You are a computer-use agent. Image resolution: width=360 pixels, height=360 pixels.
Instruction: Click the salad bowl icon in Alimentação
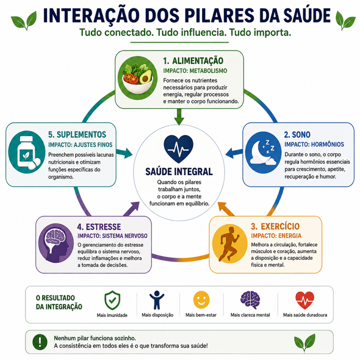tap(137, 78)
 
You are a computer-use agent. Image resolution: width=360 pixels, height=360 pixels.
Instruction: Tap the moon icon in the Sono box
tap(263, 153)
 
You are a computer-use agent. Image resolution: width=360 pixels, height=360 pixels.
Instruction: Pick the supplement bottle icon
tap(27, 152)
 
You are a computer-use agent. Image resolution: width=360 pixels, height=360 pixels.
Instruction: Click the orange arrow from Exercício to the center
tap(226, 209)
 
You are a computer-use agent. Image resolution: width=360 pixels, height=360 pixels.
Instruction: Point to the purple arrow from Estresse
tap(131, 209)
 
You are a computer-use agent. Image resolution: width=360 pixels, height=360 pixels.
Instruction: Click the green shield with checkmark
tap(112, 300)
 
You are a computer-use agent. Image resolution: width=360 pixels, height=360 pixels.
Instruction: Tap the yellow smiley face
tap(201, 300)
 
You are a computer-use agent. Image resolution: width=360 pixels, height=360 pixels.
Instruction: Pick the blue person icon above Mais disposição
tap(157, 300)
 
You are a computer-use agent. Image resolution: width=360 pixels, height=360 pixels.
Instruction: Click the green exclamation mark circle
tap(40, 342)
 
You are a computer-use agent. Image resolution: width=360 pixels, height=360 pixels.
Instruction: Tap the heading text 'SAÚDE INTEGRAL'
tap(179, 172)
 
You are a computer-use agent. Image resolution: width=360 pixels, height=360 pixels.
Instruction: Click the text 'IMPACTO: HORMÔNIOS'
tap(314, 144)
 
